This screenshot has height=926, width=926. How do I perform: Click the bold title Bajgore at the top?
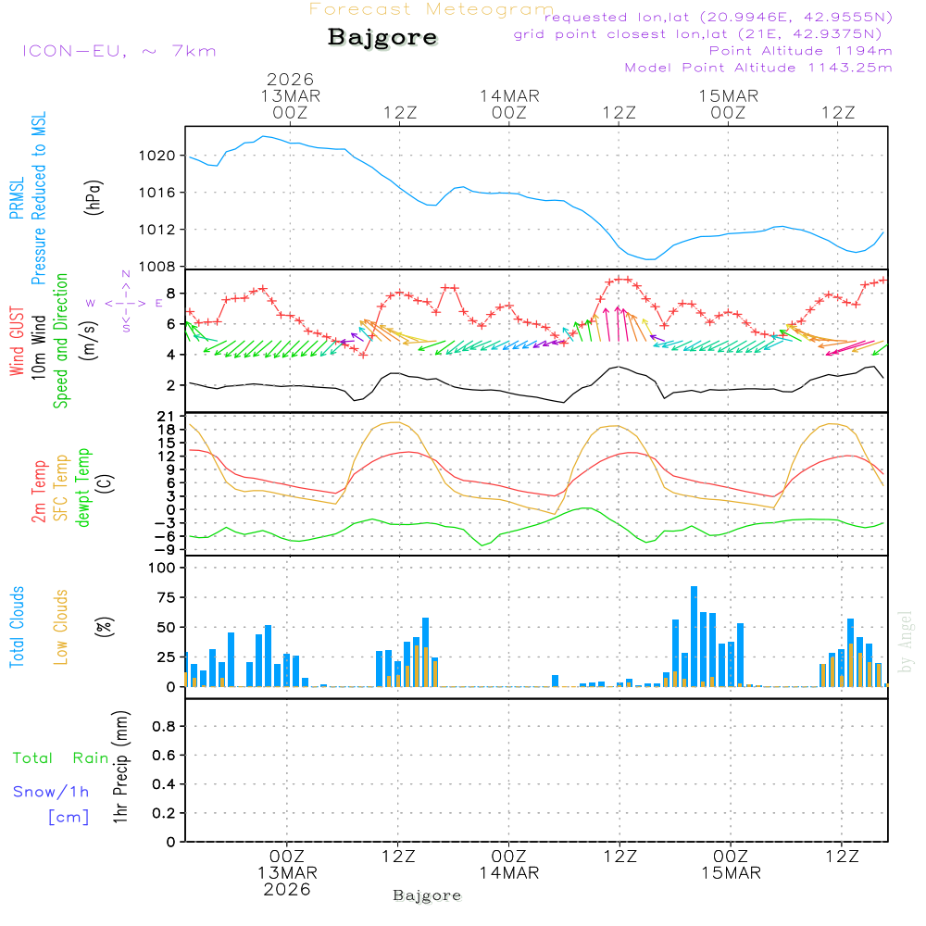click(x=382, y=38)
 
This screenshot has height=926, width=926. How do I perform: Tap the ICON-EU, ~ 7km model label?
click(x=119, y=51)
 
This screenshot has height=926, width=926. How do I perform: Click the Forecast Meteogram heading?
click(x=431, y=9)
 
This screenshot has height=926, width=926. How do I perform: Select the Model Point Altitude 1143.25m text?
click(x=758, y=68)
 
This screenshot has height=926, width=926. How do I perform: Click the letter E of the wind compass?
click(x=158, y=302)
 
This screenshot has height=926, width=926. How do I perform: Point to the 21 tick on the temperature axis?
click(x=167, y=415)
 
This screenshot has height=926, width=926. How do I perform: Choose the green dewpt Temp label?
click(x=84, y=488)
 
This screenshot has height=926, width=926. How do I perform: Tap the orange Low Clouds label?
click(x=62, y=627)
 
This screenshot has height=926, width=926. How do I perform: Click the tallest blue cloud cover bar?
click(x=694, y=636)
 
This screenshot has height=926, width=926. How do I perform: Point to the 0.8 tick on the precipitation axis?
click(x=163, y=726)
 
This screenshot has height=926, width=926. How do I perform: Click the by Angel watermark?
click(x=907, y=642)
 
